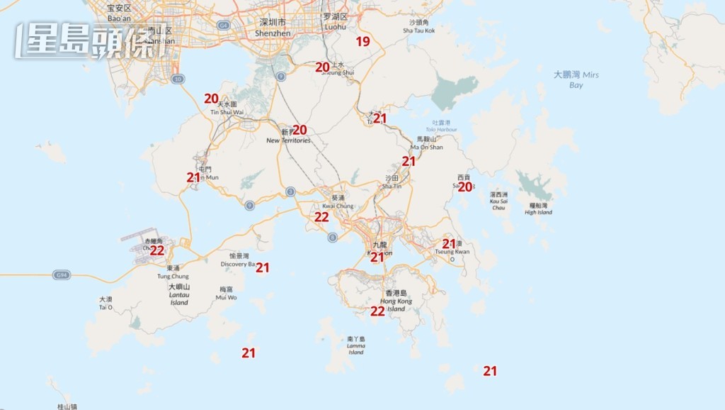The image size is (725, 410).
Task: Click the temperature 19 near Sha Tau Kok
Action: tap(362, 41)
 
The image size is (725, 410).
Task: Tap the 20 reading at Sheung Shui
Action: tap(323, 67)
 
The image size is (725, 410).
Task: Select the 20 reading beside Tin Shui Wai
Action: tap(211, 99)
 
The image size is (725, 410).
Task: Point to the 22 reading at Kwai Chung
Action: tap(321, 217)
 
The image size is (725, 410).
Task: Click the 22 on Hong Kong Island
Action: tap(377, 311)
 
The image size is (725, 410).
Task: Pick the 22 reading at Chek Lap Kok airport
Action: tap(157, 250)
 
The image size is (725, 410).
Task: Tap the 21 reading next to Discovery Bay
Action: tap(263, 267)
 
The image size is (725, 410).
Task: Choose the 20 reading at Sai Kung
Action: tap(464, 187)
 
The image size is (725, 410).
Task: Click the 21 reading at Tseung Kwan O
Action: tap(450, 243)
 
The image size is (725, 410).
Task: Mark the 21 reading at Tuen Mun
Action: tap(193, 177)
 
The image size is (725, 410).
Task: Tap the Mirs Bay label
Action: tap(576, 79)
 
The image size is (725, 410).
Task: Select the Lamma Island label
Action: tap(356, 345)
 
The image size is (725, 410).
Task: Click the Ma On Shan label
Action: tap(426, 143)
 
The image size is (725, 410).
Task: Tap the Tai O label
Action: tap(105, 303)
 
